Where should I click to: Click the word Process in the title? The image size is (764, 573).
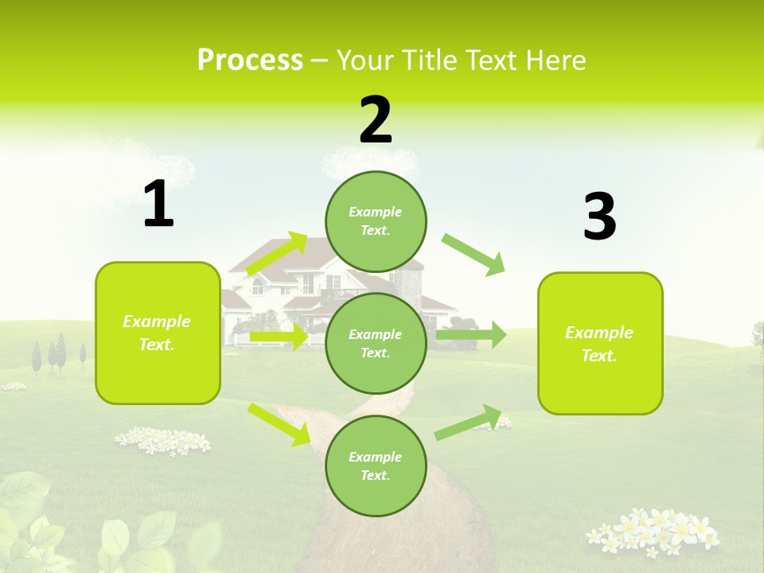(250, 60)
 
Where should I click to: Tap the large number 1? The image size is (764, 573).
(158, 205)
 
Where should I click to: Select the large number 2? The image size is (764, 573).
(376, 120)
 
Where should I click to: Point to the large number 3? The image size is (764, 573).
(599, 216)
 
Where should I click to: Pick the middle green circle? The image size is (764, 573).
(376, 343)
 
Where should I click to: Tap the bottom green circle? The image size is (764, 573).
(376, 466)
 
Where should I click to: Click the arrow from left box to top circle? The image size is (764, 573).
(277, 255)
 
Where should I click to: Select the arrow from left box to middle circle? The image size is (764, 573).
(279, 337)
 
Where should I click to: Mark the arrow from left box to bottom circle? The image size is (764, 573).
(279, 424)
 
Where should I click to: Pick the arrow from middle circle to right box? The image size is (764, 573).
(471, 335)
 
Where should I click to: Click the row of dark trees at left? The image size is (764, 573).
(57, 354)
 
